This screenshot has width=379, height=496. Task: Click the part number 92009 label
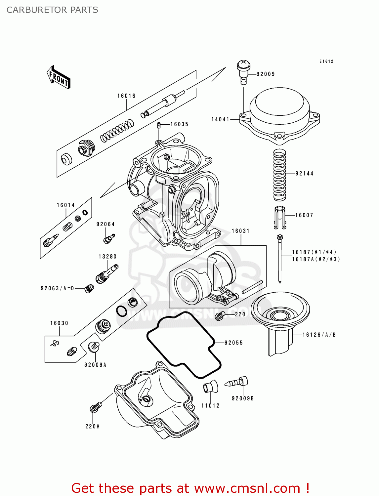(x=266, y=74)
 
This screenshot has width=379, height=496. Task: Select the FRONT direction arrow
(x=59, y=77)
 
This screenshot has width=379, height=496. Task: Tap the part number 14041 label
(x=220, y=119)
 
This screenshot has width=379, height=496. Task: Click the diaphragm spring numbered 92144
(x=279, y=175)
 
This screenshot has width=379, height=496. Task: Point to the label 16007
(x=304, y=215)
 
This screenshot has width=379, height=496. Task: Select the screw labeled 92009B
(x=237, y=382)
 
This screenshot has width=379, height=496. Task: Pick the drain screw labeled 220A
(x=96, y=407)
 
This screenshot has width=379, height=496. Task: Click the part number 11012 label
(x=210, y=406)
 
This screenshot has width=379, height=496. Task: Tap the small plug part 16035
(x=159, y=125)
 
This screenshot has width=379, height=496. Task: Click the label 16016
(x=126, y=96)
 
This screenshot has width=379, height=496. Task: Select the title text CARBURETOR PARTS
(x=52, y=10)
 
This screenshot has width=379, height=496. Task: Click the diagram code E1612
(x=326, y=62)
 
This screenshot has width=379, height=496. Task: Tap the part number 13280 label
(x=107, y=257)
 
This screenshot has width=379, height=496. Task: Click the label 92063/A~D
(x=57, y=288)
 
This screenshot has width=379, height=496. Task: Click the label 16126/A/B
(x=319, y=335)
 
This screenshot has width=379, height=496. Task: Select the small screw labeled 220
(x=220, y=316)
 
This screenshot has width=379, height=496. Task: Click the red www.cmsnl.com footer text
(x=190, y=488)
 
